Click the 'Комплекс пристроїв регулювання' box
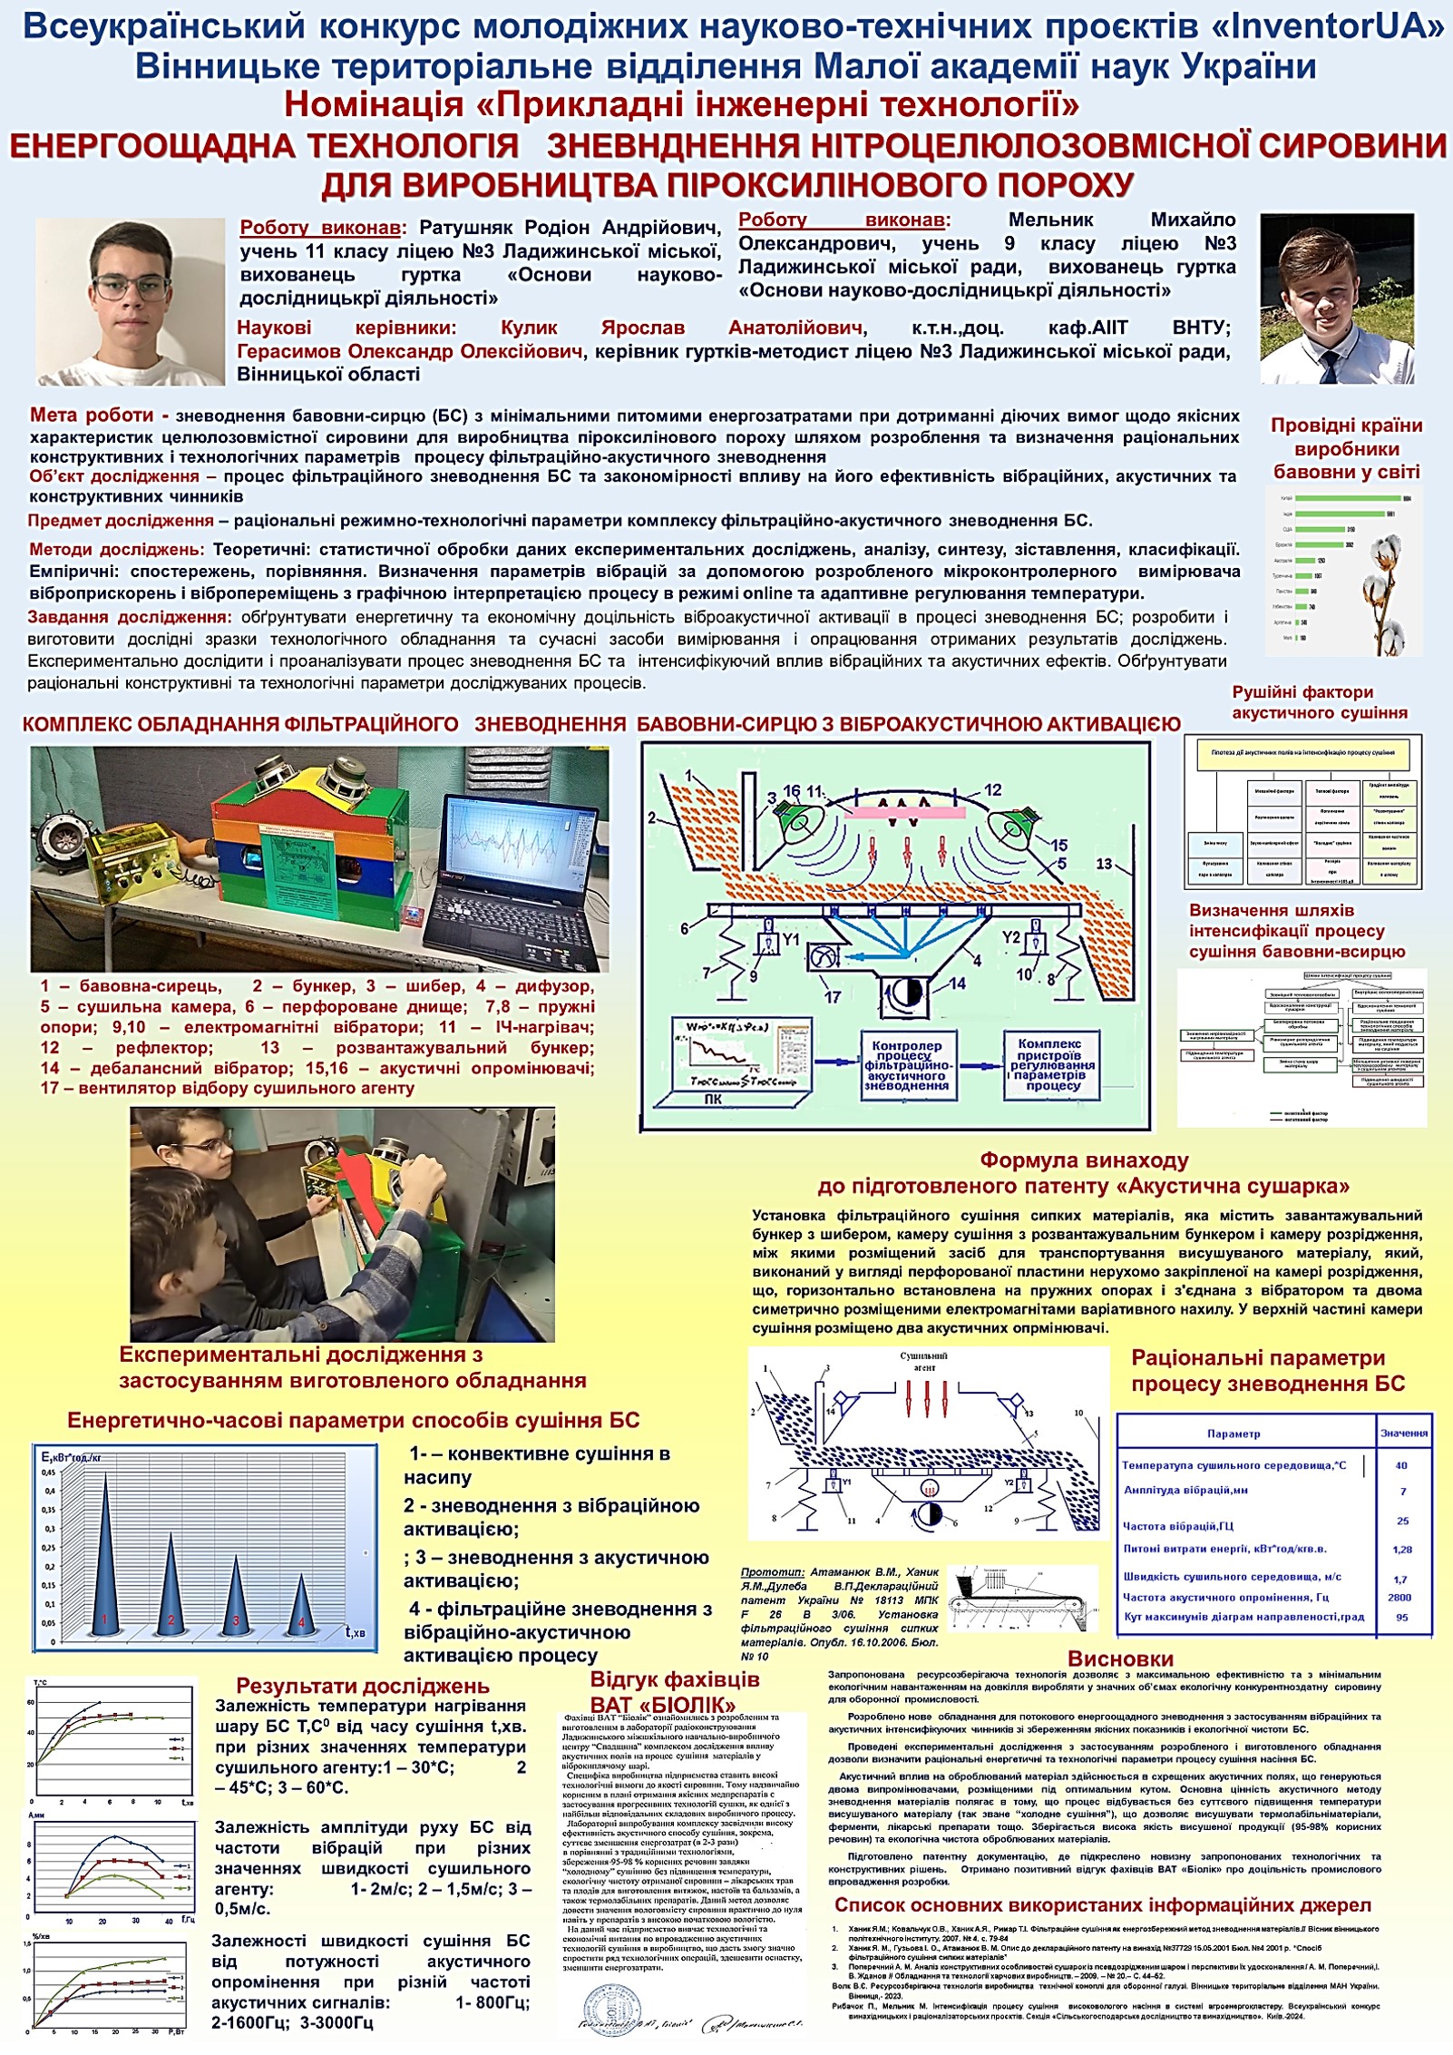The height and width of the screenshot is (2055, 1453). [1053, 1064]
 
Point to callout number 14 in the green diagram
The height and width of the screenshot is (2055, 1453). [958, 983]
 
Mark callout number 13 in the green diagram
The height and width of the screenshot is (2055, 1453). [1103, 863]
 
